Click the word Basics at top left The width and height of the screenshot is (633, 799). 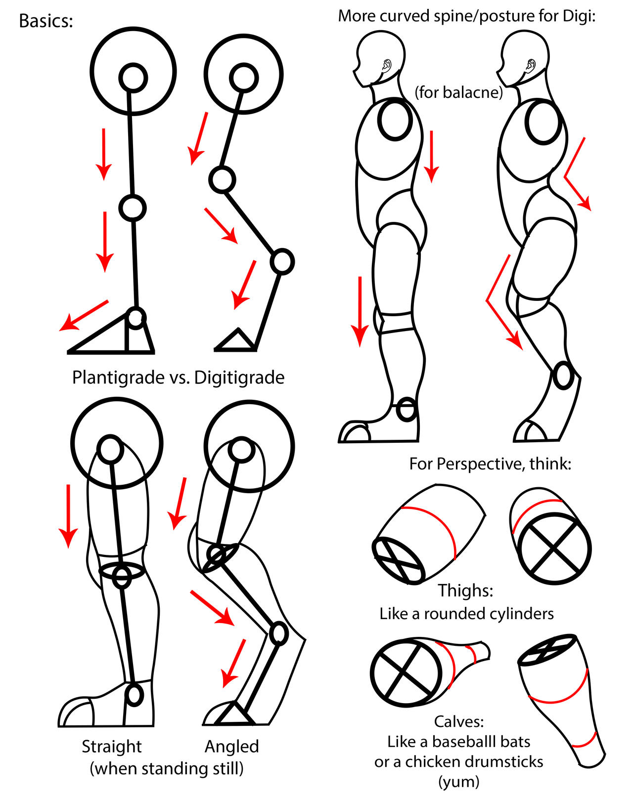tap(45, 21)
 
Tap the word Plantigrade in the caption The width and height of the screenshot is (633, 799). tap(118, 378)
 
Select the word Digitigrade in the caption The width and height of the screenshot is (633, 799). tap(239, 378)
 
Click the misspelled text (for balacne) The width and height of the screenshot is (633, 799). tap(458, 92)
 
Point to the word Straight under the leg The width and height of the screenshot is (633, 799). tap(112, 746)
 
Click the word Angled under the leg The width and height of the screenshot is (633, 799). tap(231, 746)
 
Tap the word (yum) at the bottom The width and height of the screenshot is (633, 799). tap(458, 782)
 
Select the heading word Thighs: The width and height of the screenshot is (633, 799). tap(465, 590)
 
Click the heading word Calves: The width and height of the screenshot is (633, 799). tap(458, 721)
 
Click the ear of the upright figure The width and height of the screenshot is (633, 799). tap(387, 65)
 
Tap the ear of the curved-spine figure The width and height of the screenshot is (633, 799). tap(531, 65)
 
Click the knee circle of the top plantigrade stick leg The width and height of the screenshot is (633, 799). tap(132, 208)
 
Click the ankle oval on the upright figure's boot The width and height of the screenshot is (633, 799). tap(407, 409)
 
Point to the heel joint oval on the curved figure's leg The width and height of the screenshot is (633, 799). tap(562, 376)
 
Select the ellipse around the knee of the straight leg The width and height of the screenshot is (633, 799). tap(122, 570)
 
